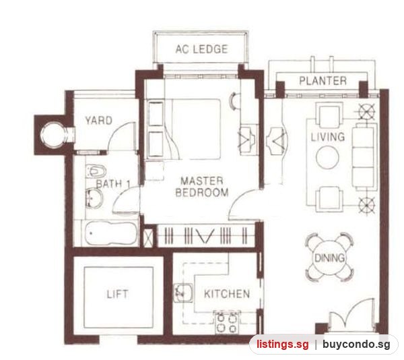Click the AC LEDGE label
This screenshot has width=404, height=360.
pyautogui.click(x=201, y=49)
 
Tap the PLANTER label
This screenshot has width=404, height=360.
pyautogui.click(x=323, y=81)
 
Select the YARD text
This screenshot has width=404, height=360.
pyautogui.click(x=99, y=121)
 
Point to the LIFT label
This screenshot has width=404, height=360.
pyautogui.click(x=117, y=294)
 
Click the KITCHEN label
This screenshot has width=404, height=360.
pyautogui.click(x=227, y=294)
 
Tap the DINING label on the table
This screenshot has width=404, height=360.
pyautogui.click(x=329, y=258)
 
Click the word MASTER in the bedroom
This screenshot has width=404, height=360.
pyautogui.click(x=202, y=181)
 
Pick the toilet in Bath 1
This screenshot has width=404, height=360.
pyautogui.click(x=96, y=171)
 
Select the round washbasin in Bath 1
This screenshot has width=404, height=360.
pyautogui.click(x=94, y=198)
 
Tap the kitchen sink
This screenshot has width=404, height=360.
pyautogui.click(x=183, y=293)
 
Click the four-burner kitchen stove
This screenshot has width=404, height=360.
pyautogui.click(x=227, y=322)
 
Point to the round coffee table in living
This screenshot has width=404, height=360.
pyautogui.click(x=327, y=157)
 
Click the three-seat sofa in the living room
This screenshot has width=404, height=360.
pyautogui.click(x=364, y=156)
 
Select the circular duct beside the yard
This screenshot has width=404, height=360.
pyautogui.click(x=53, y=135)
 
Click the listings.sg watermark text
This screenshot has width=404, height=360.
pyautogui.click(x=282, y=344)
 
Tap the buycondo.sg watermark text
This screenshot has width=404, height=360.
pyautogui.click(x=356, y=344)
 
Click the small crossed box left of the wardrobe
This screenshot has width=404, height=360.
pyautogui.click(x=148, y=237)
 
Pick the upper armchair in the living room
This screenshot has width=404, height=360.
pyautogui.click(x=329, y=115)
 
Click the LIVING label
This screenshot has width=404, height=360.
pyautogui.click(x=328, y=137)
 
